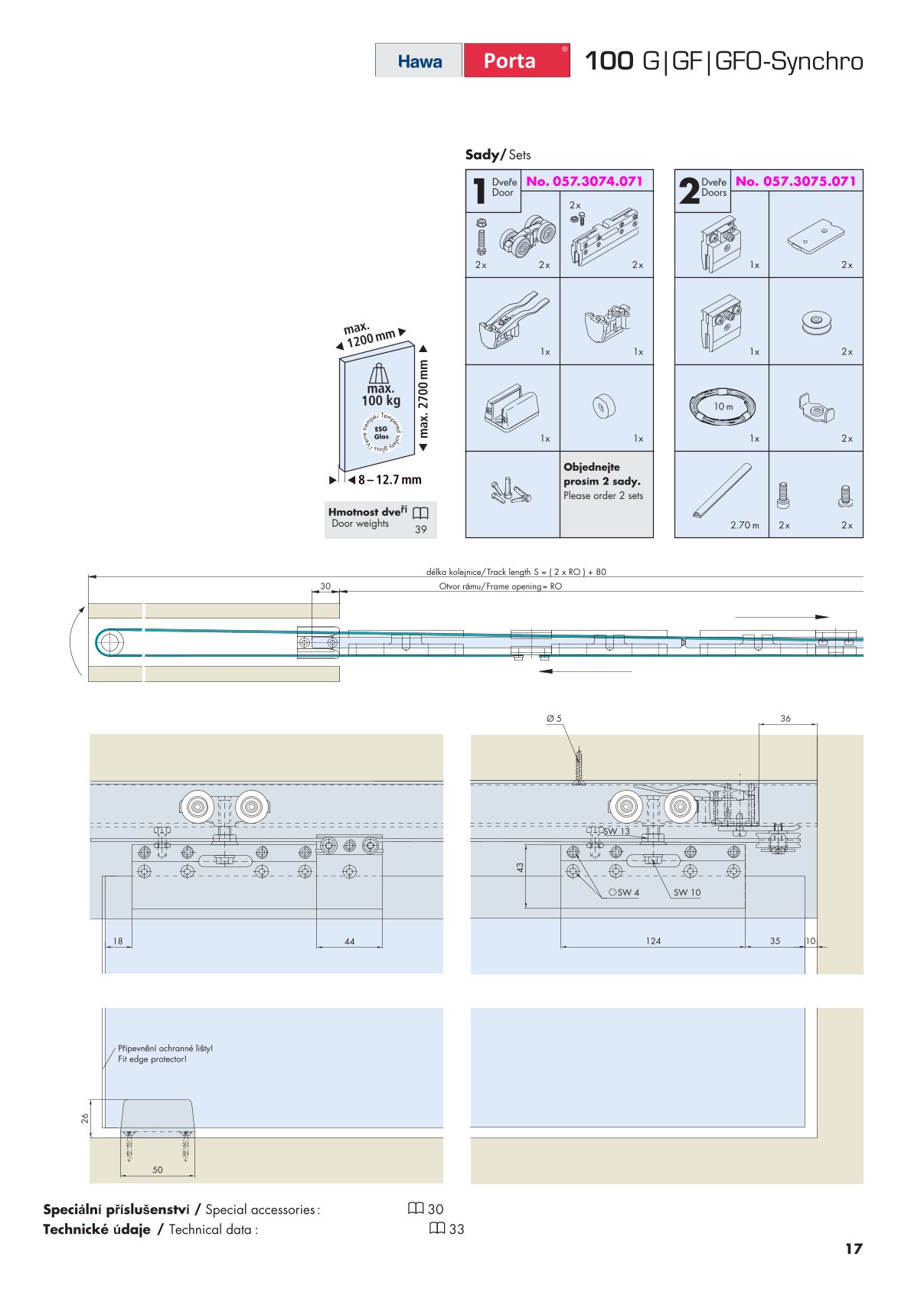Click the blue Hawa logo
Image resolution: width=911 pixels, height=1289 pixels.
[420, 61]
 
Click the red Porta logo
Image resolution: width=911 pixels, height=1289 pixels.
[510, 60]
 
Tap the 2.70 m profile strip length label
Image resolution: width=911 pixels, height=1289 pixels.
[744, 525]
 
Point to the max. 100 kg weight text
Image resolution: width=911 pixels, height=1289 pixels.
[380, 395]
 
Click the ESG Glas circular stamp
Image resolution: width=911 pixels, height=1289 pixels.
[381, 432]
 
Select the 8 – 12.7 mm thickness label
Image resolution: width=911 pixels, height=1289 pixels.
[389, 480]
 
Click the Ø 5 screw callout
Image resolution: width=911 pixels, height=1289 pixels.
[553, 719]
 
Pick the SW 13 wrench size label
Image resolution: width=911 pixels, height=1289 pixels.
[616, 831]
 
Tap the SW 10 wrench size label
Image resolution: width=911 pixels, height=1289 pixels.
[687, 893]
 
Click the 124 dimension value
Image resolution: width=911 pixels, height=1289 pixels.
[653, 941]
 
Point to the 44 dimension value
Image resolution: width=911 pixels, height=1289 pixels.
[349, 941]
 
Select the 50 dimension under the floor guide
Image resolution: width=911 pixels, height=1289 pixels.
[158, 1170]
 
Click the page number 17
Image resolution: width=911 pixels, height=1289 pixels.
[853, 1249]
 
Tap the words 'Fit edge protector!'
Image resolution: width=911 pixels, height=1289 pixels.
[152, 1059]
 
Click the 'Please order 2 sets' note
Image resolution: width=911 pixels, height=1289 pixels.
[603, 496]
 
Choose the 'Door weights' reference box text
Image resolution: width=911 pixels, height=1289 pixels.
[360, 524]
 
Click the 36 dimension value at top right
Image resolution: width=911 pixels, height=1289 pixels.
[785, 719]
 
